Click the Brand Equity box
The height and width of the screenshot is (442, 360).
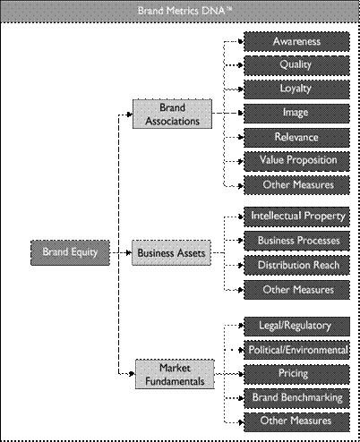pyautogui.click(x=70, y=252)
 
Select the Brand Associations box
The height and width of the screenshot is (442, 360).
pyautogui.click(x=172, y=114)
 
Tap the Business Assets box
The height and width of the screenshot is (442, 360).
pyautogui.click(x=171, y=253)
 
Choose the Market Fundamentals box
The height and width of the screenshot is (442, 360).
pyautogui.click(x=175, y=374)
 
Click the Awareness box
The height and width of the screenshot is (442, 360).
pyautogui.click(x=296, y=42)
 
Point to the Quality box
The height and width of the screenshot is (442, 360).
pyautogui.click(x=296, y=65)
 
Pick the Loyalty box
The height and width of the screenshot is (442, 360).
pyautogui.click(x=296, y=89)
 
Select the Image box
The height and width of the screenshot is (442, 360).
pyautogui.click(x=296, y=114)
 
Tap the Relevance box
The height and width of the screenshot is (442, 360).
pyautogui.click(x=296, y=138)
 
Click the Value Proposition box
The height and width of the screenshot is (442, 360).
pyautogui.click(x=296, y=161)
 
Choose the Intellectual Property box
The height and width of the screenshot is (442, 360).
pyautogui.click(x=296, y=217)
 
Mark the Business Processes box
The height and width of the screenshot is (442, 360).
pyautogui.click(x=296, y=241)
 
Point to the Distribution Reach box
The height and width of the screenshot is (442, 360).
pyautogui.click(x=296, y=265)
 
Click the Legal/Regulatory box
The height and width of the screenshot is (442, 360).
pyautogui.click(x=296, y=327)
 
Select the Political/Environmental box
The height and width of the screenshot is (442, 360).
pyautogui.click(x=296, y=350)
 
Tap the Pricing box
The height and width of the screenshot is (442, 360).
pyautogui.click(x=296, y=374)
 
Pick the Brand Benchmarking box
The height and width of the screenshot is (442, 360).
pyautogui.click(x=296, y=398)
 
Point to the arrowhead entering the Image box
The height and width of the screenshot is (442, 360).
pyautogui.click(x=241, y=113)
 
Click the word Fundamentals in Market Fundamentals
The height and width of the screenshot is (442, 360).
pyautogui.click(x=175, y=381)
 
